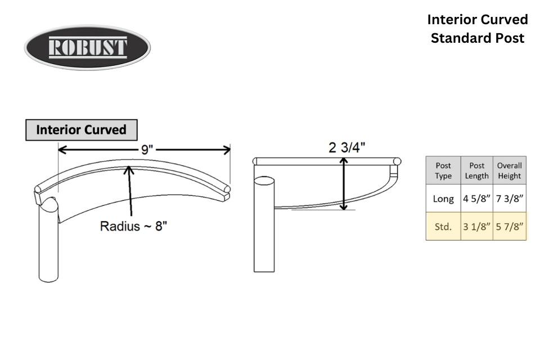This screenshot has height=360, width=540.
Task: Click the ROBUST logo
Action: [87, 47]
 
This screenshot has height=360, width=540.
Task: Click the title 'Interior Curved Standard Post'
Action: [478, 29]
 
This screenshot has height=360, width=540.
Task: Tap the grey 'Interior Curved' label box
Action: [81, 130]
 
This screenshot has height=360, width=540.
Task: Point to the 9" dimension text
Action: [147, 150]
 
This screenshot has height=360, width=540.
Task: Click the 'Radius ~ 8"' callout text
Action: [133, 226]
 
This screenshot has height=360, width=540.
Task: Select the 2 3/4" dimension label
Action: [346, 147]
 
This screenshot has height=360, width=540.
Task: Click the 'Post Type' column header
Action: [443, 170]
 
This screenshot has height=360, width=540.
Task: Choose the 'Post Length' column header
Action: [476, 170]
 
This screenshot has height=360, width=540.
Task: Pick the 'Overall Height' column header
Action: [510, 170]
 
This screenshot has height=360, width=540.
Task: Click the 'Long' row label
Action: [443, 199]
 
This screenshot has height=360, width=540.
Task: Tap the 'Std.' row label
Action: [443, 226]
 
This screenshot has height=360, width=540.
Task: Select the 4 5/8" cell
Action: [476, 199]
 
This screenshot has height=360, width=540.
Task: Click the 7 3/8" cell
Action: [510, 199]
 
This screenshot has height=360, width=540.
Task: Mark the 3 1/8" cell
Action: [476, 226]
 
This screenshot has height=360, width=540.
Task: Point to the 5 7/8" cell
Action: [510, 226]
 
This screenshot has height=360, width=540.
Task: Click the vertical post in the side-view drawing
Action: [264, 224]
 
